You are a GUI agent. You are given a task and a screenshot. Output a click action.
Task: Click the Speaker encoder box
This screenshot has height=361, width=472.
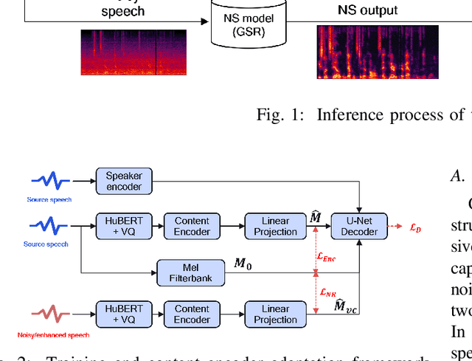point(124,182)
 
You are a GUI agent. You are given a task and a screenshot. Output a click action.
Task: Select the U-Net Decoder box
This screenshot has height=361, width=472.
point(358,226)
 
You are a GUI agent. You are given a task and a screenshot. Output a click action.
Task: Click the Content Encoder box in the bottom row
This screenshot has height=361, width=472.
point(192,314)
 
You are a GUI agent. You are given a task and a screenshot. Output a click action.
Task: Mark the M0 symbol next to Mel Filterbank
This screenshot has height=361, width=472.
point(243,264)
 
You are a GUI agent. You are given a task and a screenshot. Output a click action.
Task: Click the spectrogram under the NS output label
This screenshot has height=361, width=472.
point(378,52)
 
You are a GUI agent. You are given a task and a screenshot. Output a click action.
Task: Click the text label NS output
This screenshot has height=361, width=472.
point(367,10)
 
